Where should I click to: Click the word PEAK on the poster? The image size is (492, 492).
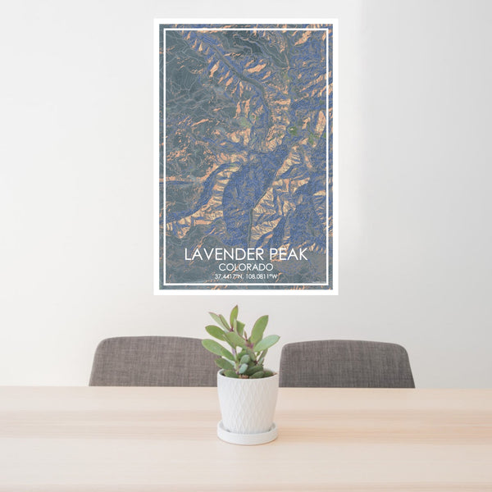pos(286,254)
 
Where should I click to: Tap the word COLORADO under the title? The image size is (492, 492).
pos(246,267)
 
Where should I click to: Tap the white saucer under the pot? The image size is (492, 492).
pos(247,435)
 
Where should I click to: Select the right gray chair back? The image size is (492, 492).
pos(346,363)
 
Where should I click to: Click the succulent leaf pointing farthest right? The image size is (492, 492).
pos(269,342)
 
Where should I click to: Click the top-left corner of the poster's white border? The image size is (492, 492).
pos(155,20)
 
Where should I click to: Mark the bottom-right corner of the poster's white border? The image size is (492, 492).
pos(336,292)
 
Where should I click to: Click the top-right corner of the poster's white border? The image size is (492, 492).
pos(336,20)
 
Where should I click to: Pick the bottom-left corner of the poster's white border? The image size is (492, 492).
pos(155,292)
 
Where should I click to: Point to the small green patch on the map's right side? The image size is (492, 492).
pos(294,129)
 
